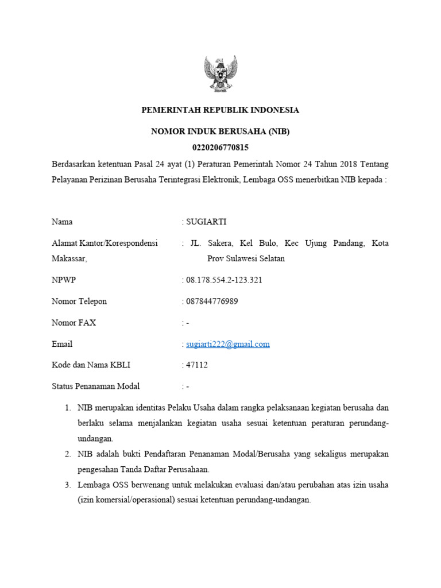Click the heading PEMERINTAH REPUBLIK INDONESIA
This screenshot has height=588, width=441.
(x=220, y=110)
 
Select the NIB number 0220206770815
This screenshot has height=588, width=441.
(x=220, y=148)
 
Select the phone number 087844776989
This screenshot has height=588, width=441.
(x=211, y=301)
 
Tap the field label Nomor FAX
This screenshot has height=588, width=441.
(x=74, y=323)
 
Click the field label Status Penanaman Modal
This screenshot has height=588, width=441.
(x=96, y=386)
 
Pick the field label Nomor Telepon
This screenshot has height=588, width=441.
(x=79, y=301)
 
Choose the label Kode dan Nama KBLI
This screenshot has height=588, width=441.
(x=91, y=365)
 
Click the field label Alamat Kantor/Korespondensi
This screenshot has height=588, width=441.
(x=105, y=243)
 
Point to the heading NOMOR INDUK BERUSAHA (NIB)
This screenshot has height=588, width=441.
(x=220, y=131)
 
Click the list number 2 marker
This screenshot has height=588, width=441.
(x=67, y=454)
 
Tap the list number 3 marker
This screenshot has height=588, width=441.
(x=67, y=485)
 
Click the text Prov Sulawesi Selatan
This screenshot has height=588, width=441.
(x=246, y=258)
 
